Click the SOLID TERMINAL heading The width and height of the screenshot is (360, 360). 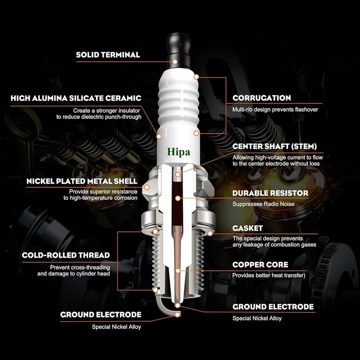click(x=108, y=55)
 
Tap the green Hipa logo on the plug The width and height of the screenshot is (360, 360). click(x=180, y=152)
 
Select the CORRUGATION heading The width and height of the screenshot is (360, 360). click(x=261, y=98)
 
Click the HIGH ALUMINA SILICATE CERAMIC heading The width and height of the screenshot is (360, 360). click(x=76, y=98)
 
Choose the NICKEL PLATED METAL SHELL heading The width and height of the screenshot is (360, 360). click(x=76, y=181)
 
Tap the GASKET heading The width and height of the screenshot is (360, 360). click(x=247, y=229)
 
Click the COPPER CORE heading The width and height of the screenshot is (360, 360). click(x=260, y=265)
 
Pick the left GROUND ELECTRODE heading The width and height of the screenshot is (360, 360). click(x=101, y=314)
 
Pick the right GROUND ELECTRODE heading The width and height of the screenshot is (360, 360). click(x=273, y=307)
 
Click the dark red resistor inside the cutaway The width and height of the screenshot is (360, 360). click(x=179, y=198)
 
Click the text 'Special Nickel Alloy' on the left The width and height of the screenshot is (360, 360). click(x=116, y=327)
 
